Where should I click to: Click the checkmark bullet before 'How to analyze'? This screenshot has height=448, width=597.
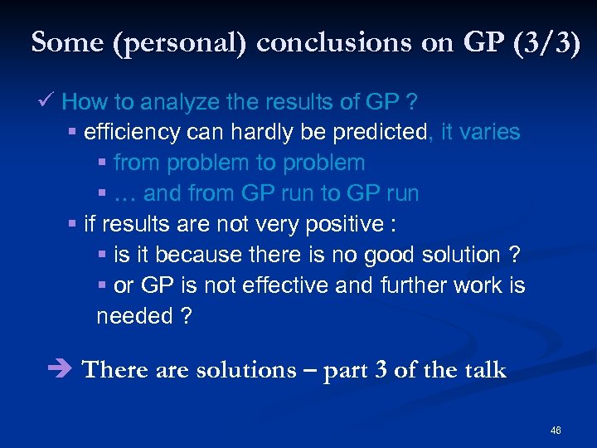tap(46, 102)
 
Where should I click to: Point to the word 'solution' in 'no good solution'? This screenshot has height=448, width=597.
tap(462, 256)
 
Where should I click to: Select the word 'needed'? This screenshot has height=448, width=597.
tap(133, 317)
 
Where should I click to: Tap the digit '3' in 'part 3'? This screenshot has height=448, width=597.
tap(380, 370)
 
